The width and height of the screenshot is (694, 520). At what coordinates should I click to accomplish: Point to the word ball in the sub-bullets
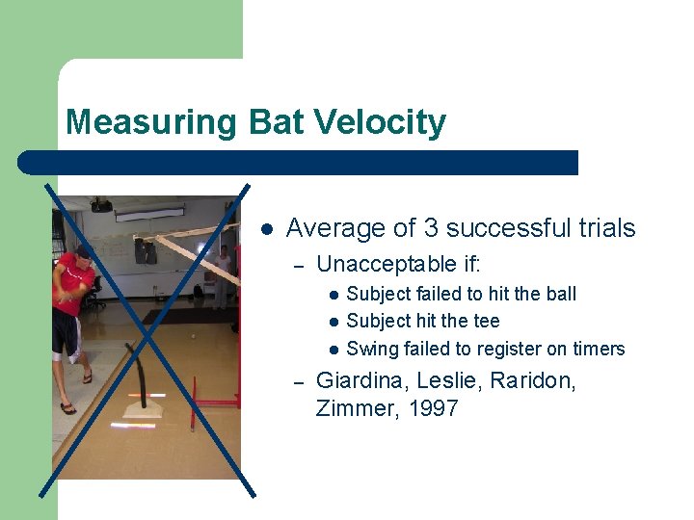coord(559,294)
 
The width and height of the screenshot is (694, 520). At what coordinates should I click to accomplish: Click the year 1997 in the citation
coord(433,408)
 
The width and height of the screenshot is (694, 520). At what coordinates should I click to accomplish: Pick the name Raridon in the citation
coord(533,381)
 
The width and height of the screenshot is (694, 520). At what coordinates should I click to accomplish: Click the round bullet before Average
coord(268,229)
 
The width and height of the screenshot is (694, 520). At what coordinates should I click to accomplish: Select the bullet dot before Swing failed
coord(332,350)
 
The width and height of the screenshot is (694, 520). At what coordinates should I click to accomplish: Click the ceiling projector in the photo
coord(101,205)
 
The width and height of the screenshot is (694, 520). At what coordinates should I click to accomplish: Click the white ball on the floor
coord(194,337)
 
